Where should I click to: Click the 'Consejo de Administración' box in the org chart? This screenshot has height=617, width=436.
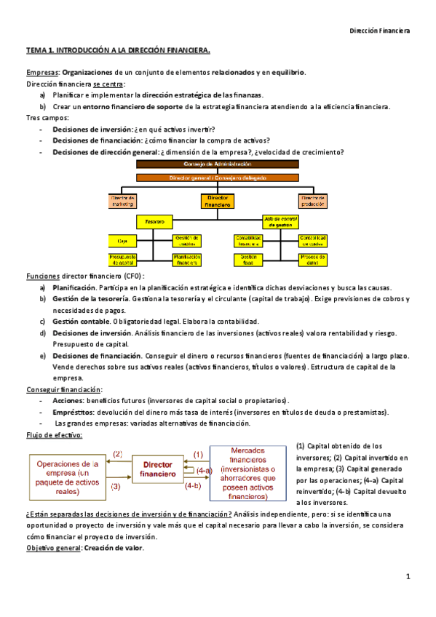pyautogui.click(x=218, y=164)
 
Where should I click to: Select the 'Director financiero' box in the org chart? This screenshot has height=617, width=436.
pyautogui.click(x=218, y=202)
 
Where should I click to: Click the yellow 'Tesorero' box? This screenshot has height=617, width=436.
pyautogui.click(x=154, y=220)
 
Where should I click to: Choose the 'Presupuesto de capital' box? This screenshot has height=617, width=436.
pyautogui.click(x=123, y=259)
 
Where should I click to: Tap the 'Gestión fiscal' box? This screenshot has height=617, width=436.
pyautogui.click(x=250, y=259)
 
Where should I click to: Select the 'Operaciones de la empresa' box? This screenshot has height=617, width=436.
pyautogui.click(x=67, y=477)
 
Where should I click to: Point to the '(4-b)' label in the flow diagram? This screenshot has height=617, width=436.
pyautogui.click(x=193, y=485)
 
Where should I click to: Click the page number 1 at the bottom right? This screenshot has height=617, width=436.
pyautogui.click(x=408, y=577)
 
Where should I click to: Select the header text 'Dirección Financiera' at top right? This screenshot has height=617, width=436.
pyautogui.click(x=379, y=31)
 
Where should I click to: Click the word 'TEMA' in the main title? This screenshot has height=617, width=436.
pyautogui.click(x=36, y=51)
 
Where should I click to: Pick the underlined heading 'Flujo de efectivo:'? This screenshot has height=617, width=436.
pyautogui.click(x=54, y=435)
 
